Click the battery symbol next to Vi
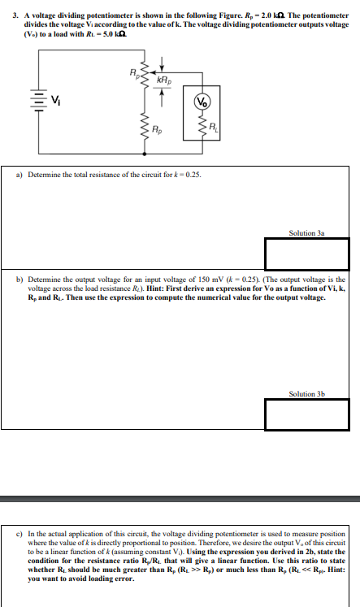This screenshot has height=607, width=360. [x=37, y=101]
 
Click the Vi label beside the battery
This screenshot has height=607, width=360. [x=54, y=100]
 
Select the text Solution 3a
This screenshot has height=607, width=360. [x=306, y=233]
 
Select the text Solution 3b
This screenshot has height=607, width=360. [x=306, y=394]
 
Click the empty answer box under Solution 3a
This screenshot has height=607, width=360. [x=306, y=254]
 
